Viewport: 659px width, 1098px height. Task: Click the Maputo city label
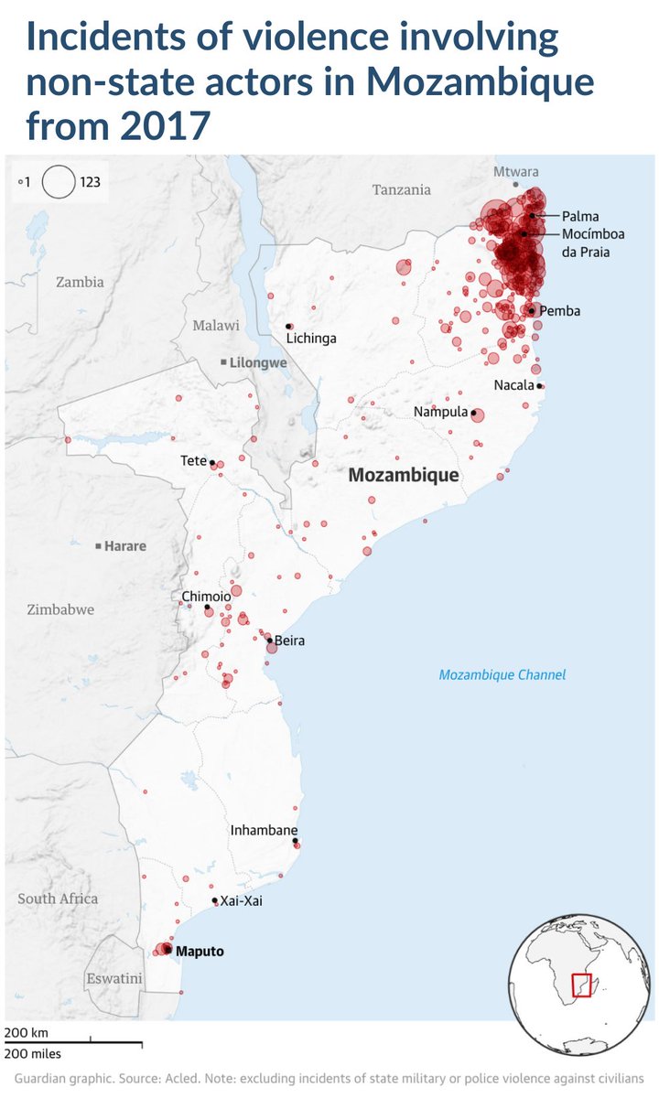pos(200,952)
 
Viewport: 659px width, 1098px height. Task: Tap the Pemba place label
pos(559,311)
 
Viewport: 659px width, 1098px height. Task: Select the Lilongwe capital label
pos(258,362)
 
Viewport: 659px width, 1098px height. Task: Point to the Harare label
pos(125,546)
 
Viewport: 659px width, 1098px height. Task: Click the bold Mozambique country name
pos(403,476)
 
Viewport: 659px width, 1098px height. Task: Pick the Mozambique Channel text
pos(502,675)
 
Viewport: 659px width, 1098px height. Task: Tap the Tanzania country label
pos(401,190)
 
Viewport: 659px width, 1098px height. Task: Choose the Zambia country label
pos(80,282)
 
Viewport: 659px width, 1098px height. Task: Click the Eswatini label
pos(114,979)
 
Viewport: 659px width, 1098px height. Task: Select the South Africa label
pos(58,899)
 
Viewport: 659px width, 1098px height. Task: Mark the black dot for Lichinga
pos(289,326)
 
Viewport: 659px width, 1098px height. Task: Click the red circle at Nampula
pos(477,414)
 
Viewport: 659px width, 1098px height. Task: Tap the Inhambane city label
pos(264,831)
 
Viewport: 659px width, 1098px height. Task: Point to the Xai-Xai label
pos(241,901)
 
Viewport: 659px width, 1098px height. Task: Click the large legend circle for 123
pos(59,181)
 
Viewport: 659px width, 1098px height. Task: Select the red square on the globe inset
pos(582,985)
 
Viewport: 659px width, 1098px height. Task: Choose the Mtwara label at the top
pos(516,172)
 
